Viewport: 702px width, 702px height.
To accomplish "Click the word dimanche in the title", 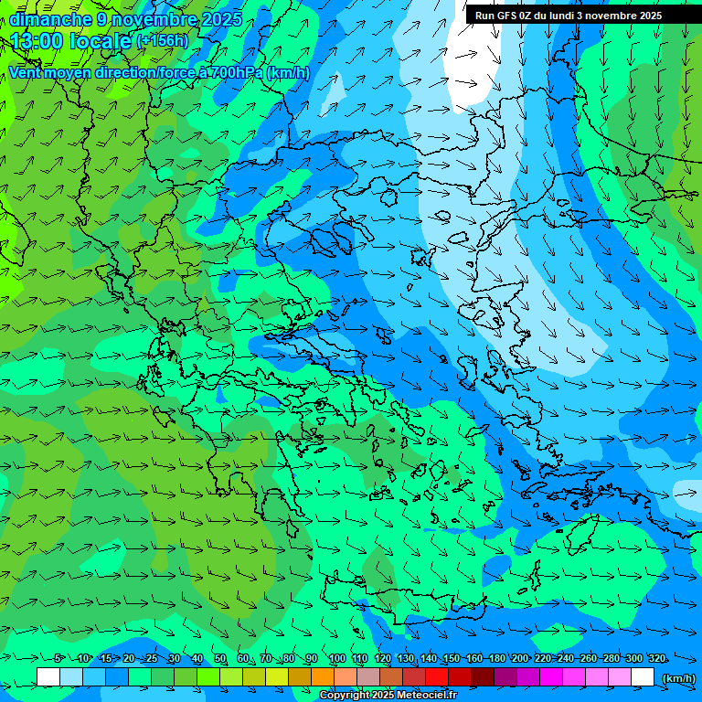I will (50, 19).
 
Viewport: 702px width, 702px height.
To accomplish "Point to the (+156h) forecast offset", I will (162, 40).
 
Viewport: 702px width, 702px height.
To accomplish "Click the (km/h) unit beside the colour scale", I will (677, 677).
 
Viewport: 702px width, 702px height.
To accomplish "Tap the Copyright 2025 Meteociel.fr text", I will (388, 696).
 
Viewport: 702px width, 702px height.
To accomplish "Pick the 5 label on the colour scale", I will (58, 658).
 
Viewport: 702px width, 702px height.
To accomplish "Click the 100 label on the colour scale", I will (336, 658).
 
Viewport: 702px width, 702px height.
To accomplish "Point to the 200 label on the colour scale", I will (519, 658).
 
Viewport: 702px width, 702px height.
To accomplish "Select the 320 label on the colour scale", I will (656, 658).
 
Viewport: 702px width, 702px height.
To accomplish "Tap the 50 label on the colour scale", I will (220, 658).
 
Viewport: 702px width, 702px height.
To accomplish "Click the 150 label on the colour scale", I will (451, 658).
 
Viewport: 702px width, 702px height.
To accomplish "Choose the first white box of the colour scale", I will (48, 676).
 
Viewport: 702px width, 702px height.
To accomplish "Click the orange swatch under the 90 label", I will (322, 676).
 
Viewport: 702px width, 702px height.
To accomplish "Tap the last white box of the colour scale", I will (643, 676).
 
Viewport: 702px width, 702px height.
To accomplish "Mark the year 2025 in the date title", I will (221, 19).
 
